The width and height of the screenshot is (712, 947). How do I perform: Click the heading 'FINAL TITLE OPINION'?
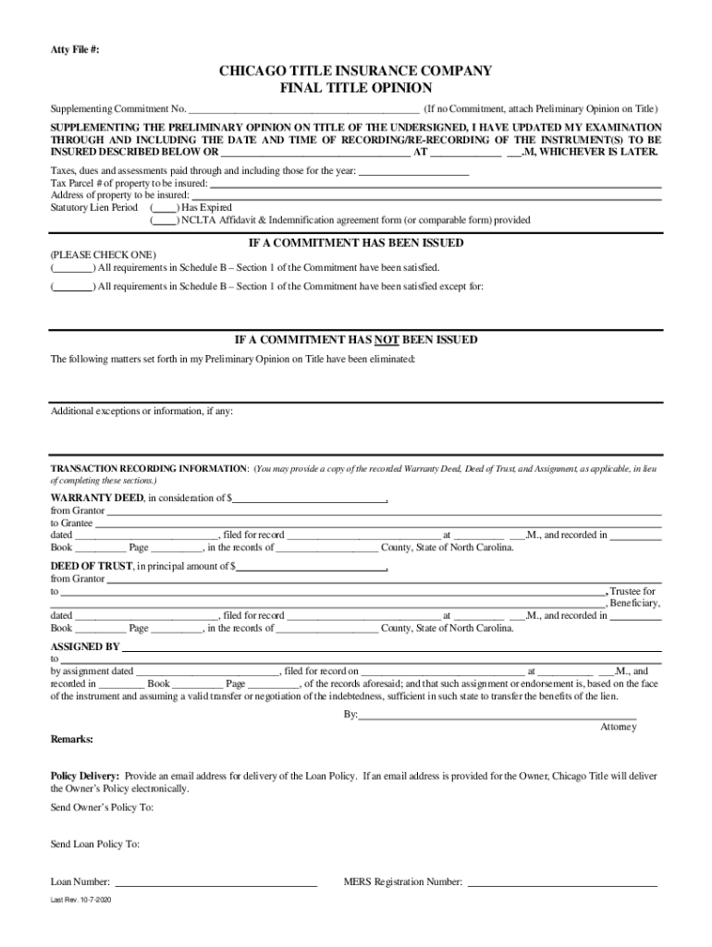[x=356, y=89]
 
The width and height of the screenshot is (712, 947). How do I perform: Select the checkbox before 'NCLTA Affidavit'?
[x=165, y=221]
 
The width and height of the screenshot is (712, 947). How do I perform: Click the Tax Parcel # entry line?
[x=436, y=185]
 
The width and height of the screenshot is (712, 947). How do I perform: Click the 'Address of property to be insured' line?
[x=429, y=197]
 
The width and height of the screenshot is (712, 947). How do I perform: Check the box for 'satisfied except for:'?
[x=72, y=287]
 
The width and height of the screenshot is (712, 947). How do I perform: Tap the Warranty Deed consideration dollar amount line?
[x=310, y=499]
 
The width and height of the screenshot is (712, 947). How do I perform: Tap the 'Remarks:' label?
[x=71, y=740]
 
